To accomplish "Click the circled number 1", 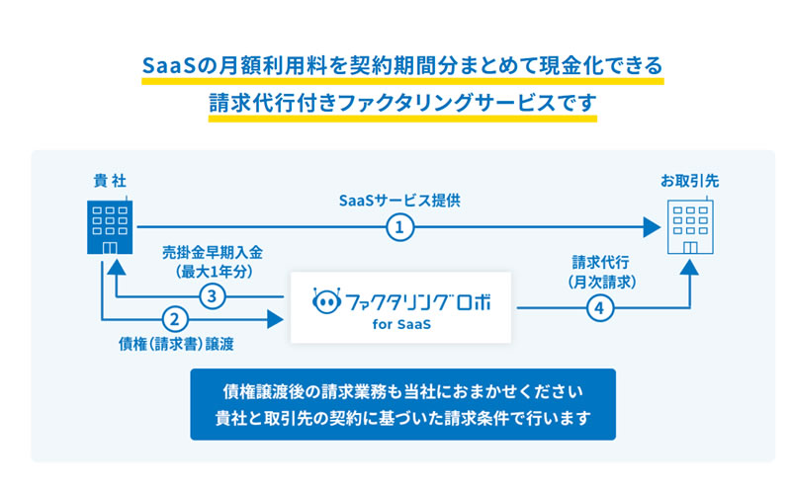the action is (x=400, y=227).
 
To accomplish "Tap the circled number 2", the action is (x=175, y=319).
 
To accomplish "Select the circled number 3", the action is (x=212, y=296).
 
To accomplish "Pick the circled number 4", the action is (x=600, y=307).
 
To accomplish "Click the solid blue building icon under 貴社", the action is (x=110, y=225).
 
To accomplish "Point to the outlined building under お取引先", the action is (x=690, y=225).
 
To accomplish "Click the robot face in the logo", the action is (x=326, y=301).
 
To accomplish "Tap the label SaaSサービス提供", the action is (x=399, y=201).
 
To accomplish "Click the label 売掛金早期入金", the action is (x=213, y=253).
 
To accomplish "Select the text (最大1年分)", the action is (x=214, y=273).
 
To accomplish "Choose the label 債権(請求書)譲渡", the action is (x=176, y=344).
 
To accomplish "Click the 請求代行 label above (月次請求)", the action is (x=600, y=262).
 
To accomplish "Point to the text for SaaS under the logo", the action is (x=401, y=324).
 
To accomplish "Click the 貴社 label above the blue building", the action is (x=110, y=181).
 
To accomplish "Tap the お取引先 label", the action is (x=689, y=181).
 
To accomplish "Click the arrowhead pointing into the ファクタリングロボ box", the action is (x=275, y=319).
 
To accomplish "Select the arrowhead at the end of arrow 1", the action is (x=653, y=227).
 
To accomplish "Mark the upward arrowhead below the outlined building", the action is (x=689, y=267).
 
